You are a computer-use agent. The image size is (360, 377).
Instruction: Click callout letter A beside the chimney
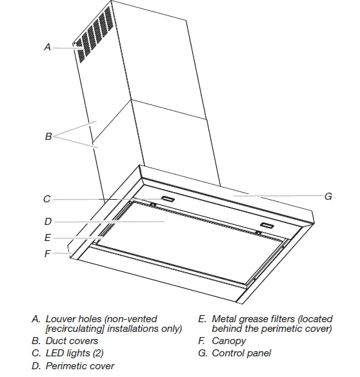47,47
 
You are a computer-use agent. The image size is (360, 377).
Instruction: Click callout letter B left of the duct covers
48,136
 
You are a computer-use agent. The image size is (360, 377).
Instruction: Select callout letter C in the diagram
47,199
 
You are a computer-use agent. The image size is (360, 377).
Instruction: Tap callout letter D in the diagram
47,221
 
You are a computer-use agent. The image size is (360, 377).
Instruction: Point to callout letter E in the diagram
47,237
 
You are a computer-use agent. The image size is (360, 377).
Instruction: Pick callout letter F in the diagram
47,254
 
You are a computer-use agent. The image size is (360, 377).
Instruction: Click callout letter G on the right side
328,196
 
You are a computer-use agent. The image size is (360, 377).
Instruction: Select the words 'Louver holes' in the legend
73,319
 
